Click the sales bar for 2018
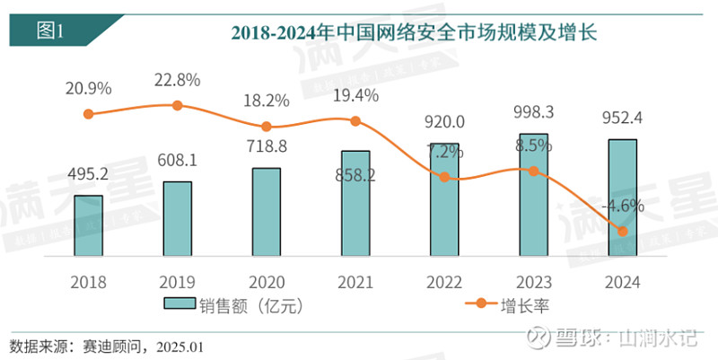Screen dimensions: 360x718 (x=88, y=224)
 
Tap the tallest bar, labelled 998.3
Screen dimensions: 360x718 (x=533, y=194)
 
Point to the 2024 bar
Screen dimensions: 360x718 (x=622, y=197)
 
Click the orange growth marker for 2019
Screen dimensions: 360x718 (x=177, y=105)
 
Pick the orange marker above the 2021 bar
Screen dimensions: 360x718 (x=355, y=121)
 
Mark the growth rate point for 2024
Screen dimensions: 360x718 (x=622, y=232)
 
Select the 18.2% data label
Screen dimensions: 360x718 (x=266, y=99)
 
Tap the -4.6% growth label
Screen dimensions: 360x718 (x=623, y=205)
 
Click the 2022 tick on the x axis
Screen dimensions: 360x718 (x=444, y=281)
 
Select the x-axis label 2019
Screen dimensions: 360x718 (x=177, y=281)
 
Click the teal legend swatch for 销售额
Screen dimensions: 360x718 (x=183, y=305)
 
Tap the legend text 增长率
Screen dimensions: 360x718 (x=529, y=305)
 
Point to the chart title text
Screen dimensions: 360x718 (x=414, y=33)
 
